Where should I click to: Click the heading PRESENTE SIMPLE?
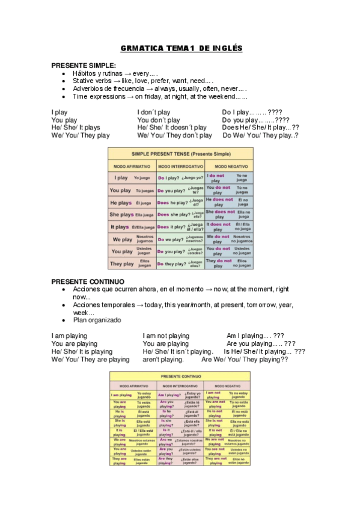(84, 65)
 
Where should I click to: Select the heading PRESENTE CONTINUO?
(88, 281)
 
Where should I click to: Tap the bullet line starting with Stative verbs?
(142, 81)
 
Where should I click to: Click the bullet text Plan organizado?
(97, 321)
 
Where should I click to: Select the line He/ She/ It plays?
(76, 127)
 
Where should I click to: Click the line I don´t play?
(154, 112)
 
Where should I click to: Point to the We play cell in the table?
(121, 239)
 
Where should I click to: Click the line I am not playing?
(166, 336)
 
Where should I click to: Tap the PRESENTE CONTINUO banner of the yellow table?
(180, 376)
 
